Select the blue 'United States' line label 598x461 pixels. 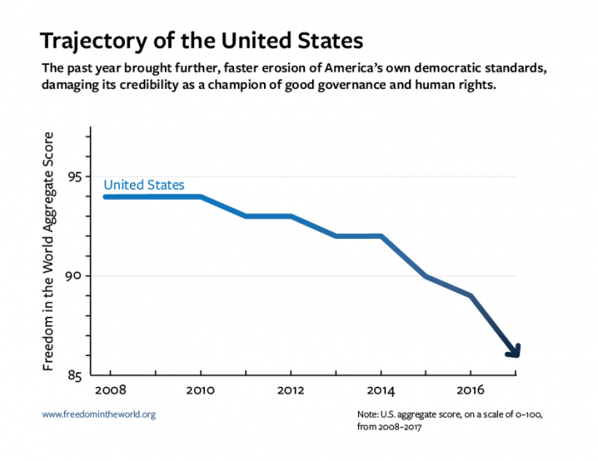pyautogui.click(x=144, y=184)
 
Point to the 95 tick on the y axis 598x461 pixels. pyautogui.click(x=75, y=177)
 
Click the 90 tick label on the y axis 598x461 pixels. pyautogui.click(x=75, y=276)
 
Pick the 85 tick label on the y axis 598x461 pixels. pyautogui.click(x=75, y=375)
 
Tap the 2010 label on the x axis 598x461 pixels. pyautogui.click(x=200, y=389)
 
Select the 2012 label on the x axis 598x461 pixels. pyautogui.click(x=291, y=389)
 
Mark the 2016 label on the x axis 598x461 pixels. pyautogui.click(x=471, y=389)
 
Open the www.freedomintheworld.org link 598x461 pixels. pyautogui.click(x=99, y=414)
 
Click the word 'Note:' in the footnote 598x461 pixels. pyautogui.click(x=369, y=414)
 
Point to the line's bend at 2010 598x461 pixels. pyautogui.click(x=201, y=197)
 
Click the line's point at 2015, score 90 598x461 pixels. pyautogui.click(x=425, y=276)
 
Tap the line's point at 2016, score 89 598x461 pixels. pyautogui.click(x=471, y=296)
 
